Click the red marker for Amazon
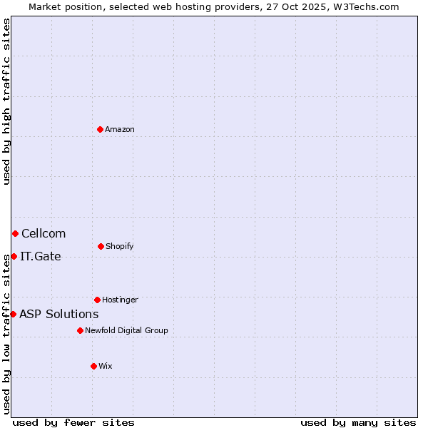pyautogui.click(x=100, y=129)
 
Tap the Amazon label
pyautogui.click(x=120, y=129)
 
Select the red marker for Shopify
pyautogui.click(x=101, y=246)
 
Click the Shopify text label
pyautogui.click(x=119, y=246)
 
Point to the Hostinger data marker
pyautogui.click(x=97, y=300)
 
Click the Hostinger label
pyautogui.click(x=120, y=300)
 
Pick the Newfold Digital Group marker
pyautogui.click(x=80, y=330)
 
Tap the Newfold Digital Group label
pyautogui.click(x=126, y=330)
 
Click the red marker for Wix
pyautogui.click(x=93, y=366)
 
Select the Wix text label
pyautogui.click(x=106, y=366)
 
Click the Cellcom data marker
pyautogui.click(x=15, y=233)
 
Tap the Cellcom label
pyautogui.click(x=44, y=233)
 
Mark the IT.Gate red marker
pyautogui.click(x=14, y=256)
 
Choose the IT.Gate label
pyautogui.click(x=41, y=256)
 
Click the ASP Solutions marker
pyautogui.click(x=13, y=314)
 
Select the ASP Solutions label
pyautogui.click(x=59, y=314)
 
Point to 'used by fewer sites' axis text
pyautogui.click(x=73, y=422)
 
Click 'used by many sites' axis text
pyautogui.click(x=358, y=422)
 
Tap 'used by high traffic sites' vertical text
pyautogui.click(x=6, y=101)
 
